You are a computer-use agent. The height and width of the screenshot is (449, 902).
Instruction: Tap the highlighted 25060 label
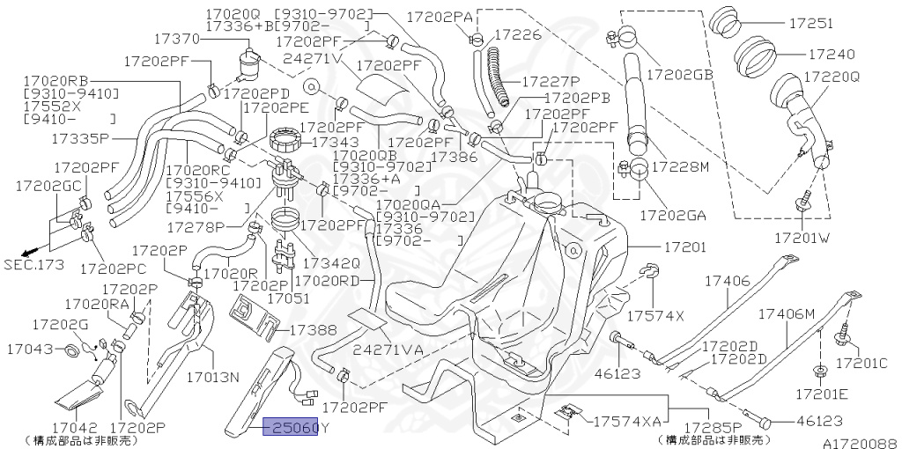point(292,429)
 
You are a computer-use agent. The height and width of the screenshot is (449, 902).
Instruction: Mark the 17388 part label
point(313,330)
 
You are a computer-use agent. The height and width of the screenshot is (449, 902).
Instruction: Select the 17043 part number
point(30,350)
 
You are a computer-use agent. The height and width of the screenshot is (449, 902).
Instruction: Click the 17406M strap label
point(787,313)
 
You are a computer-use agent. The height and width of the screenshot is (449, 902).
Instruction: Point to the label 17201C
point(861,362)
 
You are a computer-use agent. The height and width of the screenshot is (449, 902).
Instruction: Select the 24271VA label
point(388,350)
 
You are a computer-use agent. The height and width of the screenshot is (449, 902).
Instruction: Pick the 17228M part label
point(679,167)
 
